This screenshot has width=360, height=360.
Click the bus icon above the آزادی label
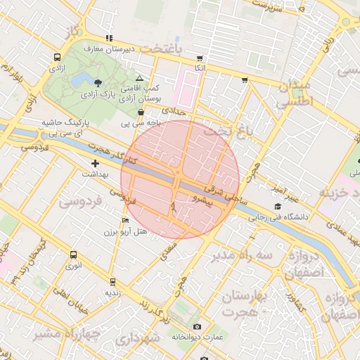click(56, 58)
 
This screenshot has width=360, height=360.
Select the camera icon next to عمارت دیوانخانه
click(197, 327)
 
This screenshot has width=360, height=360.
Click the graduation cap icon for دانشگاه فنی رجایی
click(278, 207)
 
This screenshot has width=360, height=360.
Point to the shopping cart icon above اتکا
click(200, 58)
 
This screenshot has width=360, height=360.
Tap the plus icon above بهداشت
click(96, 163)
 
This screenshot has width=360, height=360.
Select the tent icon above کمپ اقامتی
click(139, 78)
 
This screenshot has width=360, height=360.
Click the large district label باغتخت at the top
click(160, 49)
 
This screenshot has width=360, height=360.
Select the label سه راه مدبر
click(245, 255)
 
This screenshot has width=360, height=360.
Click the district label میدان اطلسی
click(294, 94)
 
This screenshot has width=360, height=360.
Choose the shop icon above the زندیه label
click(110, 281)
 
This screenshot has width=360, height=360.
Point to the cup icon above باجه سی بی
click(141, 112)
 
